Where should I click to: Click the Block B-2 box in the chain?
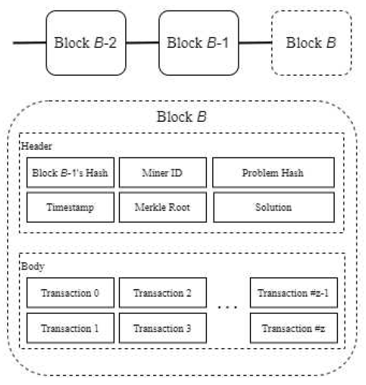[x=85, y=43]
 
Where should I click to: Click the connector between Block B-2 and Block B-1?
[x=142, y=43]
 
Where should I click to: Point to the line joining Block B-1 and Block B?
[x=256, y=43]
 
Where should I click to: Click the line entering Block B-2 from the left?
[x=29, y=43]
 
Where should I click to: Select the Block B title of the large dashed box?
[x=183, y=117]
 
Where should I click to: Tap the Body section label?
[x=32, y=266]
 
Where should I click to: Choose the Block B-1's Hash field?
[x=70, y=172]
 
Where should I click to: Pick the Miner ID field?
[x=162, y=172]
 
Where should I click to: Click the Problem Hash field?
[x=273, y=172]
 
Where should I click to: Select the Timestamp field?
[x=70, y=207]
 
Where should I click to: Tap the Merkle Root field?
[x=162, y=207]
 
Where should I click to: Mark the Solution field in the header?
[x=273, y=207]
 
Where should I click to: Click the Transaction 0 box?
[x=70, y=293]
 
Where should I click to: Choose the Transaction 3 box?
[x=162, y=328]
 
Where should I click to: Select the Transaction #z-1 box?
[x=293, y=293]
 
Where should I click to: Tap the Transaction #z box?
[x=293, y=328]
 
